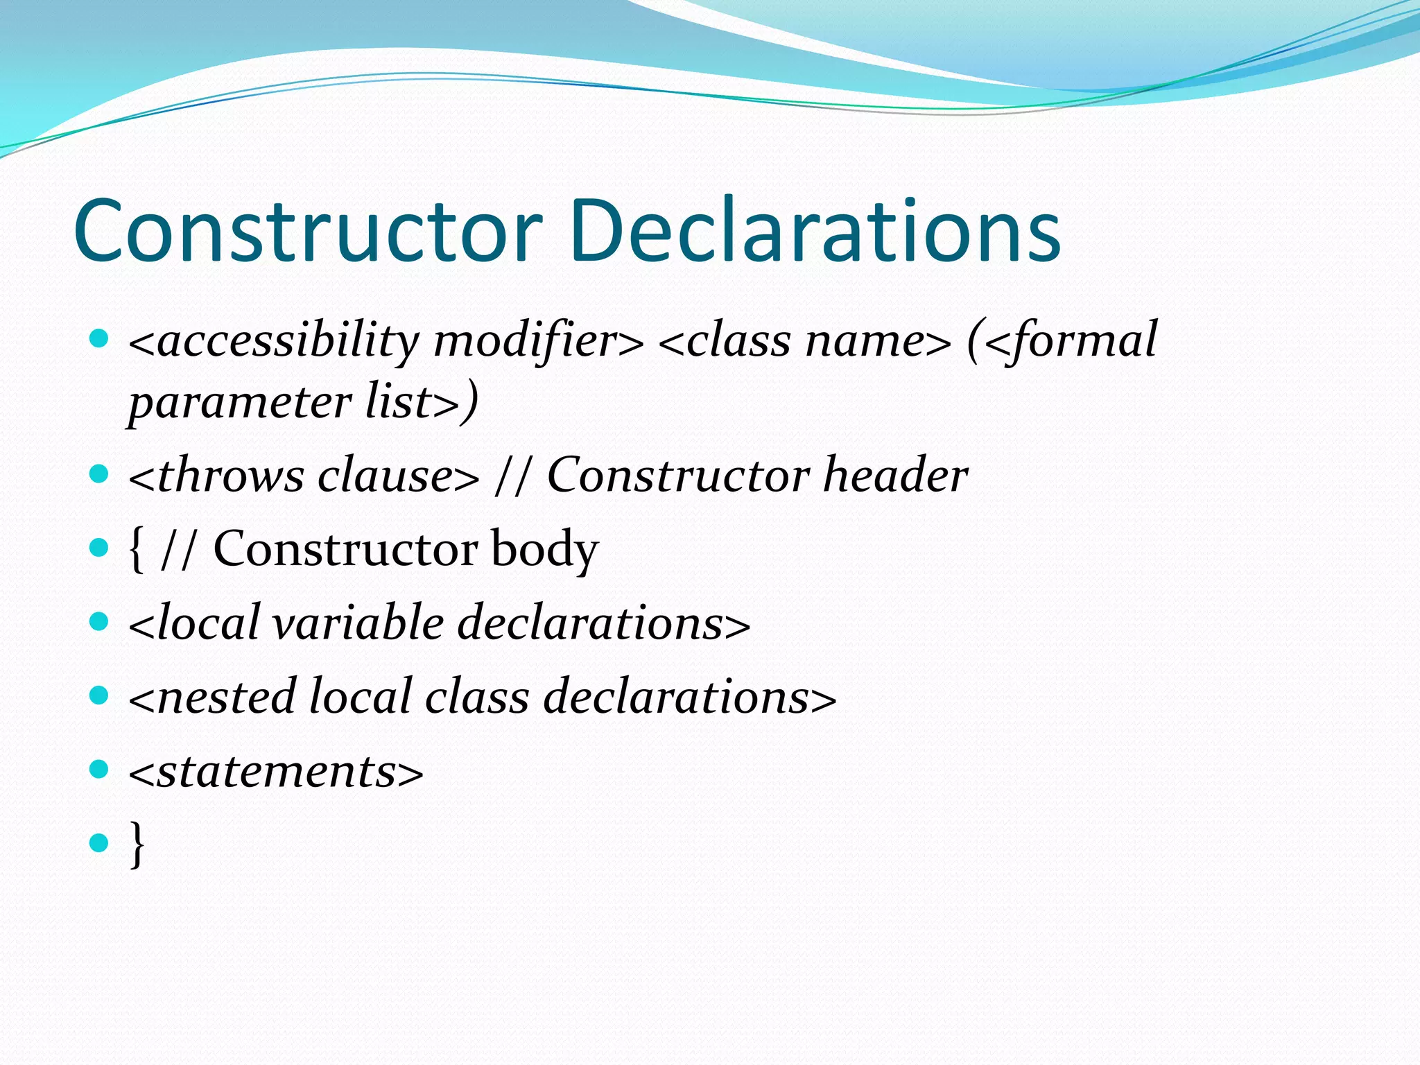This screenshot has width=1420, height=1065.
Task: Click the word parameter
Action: (240, 402)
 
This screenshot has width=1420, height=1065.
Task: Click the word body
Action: (544, 550)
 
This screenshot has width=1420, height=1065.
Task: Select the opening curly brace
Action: (137, 550)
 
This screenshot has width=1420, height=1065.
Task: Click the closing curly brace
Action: (137, 844)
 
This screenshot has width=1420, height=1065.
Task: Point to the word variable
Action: (358, 623)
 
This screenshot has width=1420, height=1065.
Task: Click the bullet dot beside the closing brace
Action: (100, 843)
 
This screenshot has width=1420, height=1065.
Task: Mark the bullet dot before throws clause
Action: (100, 474)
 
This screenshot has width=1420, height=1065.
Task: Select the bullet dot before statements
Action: (100, 769)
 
